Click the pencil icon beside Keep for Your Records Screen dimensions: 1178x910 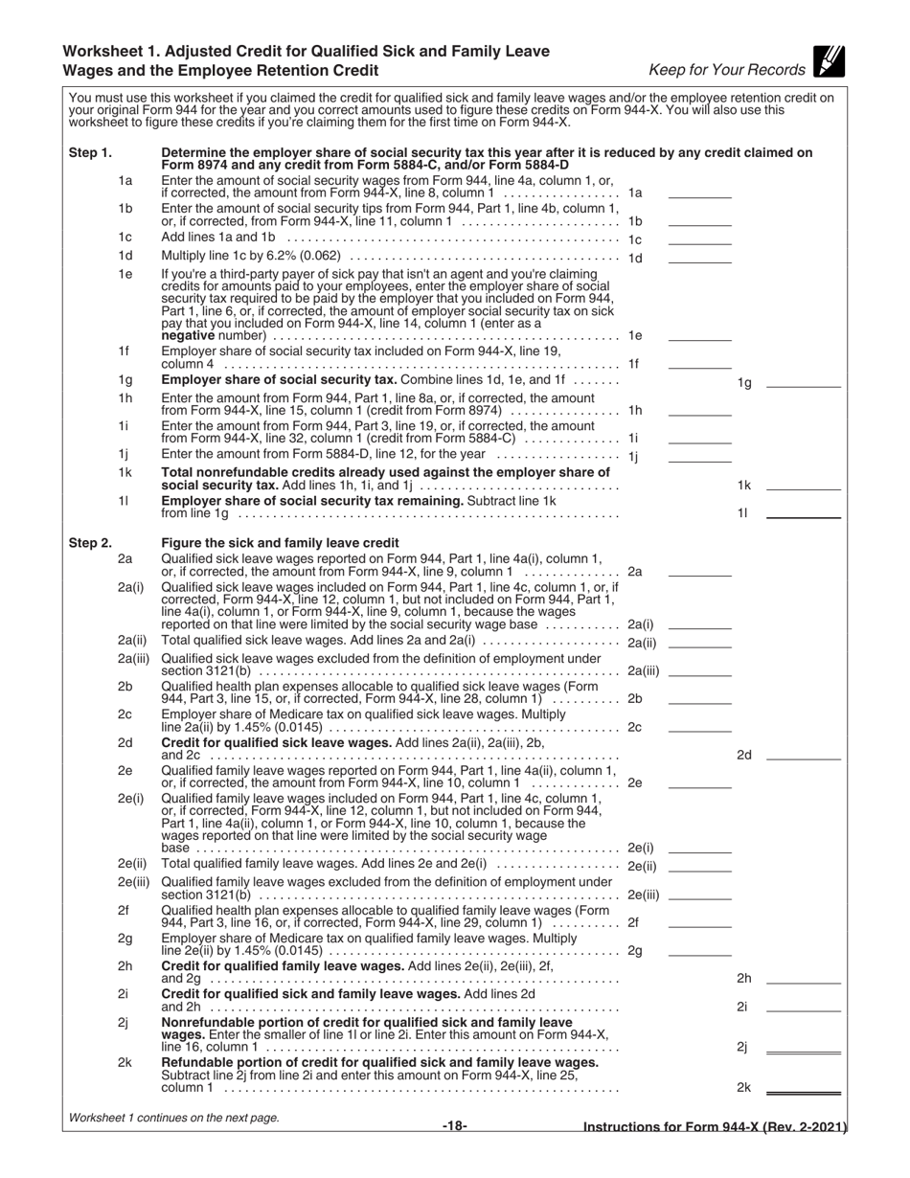tap(829, 62)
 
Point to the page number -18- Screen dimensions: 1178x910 tap(455, 1125)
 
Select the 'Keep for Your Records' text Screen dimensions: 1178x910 tap(727, 70)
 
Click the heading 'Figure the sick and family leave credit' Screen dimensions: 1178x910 tap(280, 543)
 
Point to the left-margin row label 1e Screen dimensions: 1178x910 tap(125, 274)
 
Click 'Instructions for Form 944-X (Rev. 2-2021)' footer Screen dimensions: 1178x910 tap(716, 1127)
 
